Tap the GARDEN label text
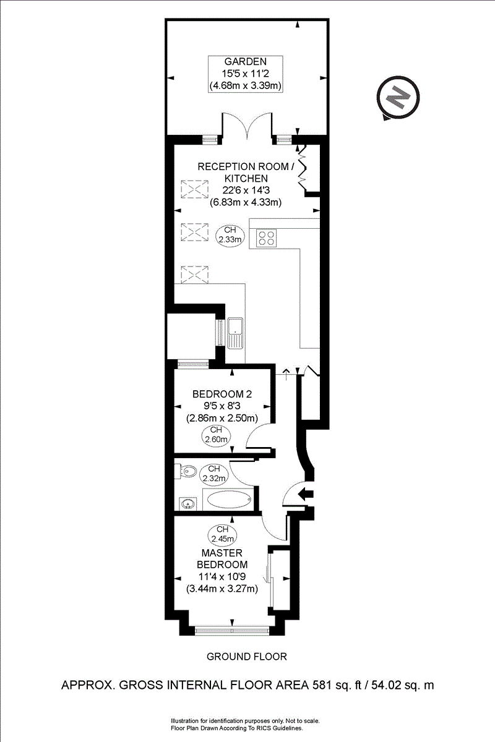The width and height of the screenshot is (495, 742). click(x=246, y=61)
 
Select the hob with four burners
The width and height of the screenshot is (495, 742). click(x=267, y=238)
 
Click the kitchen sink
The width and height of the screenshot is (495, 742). click(x=236, y=333)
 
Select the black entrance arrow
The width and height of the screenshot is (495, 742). click(x=306, y=493)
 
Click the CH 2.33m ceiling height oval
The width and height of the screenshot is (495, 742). click(x=230, y=234)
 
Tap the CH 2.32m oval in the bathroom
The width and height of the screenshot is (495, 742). click(x=214, y=473)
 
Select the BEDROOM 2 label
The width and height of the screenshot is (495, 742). click(x=222, y=394)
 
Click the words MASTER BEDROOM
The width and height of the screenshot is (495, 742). click(x=222, y=558)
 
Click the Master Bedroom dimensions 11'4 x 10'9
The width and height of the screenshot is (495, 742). click(x=222, y=577)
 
